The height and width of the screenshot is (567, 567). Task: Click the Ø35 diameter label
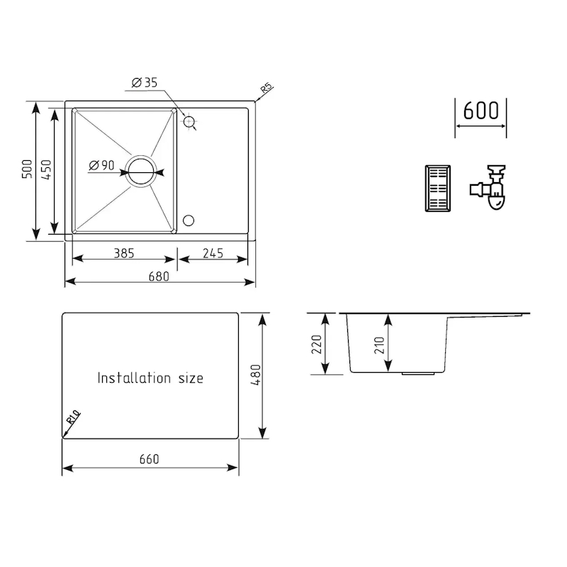click(145, 83)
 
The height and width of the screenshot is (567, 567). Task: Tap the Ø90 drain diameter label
click(101, 165)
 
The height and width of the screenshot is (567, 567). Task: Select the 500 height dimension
click(27, 169)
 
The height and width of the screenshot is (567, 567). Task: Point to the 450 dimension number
click(46, 169)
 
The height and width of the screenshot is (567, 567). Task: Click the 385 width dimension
click(124, 253)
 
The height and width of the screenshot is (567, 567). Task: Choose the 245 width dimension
click(213, 253)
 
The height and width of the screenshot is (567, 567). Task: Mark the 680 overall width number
click(159, 276)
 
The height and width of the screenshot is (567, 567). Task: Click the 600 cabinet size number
click(481, 111)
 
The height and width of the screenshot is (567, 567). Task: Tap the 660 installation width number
click(150, 459)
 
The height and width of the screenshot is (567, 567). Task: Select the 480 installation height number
click(255, 375)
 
